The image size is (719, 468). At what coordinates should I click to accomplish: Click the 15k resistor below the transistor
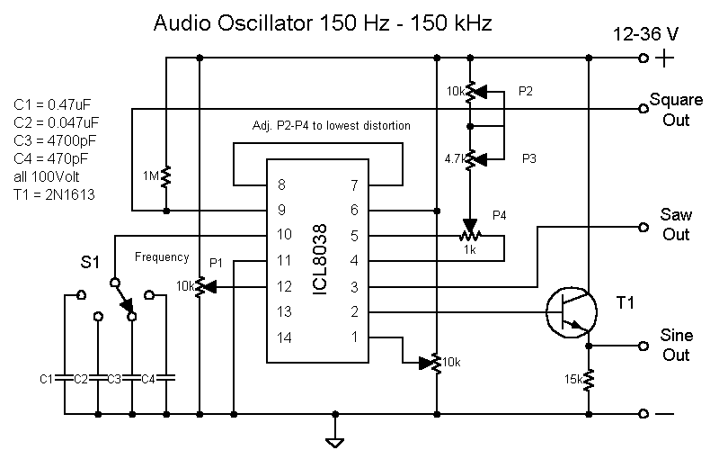tap(589, 381)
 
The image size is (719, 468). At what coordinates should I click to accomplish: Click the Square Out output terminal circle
tap(643, 109)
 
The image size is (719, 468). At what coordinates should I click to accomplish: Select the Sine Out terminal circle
tap(643, 346)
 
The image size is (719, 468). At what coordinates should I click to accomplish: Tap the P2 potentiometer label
tap(526, 92)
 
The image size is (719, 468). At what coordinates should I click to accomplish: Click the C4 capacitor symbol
tap(166, 379)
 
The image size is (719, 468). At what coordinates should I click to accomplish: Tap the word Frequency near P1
tap(162, 257)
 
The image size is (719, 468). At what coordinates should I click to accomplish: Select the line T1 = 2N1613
tap(55, 195)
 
